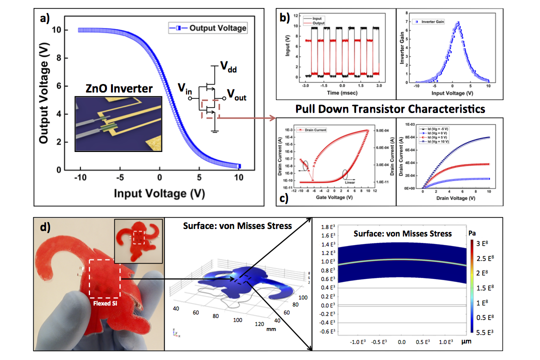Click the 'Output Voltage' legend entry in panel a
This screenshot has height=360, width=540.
pos(217,28)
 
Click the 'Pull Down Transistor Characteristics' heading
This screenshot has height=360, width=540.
pos(390,108)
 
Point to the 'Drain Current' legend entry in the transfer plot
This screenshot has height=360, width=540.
pos(313,130)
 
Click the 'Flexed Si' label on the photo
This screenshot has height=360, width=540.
pos(105,302)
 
